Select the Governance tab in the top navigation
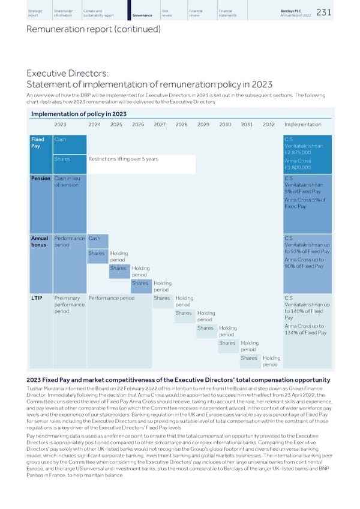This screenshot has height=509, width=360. tap(142, 15)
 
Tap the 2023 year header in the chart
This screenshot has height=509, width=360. tap(61, 125)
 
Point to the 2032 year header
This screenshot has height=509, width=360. tap(269, 125)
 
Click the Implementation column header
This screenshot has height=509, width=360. tap(303, 125)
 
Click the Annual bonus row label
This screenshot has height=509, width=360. tap(40, 242)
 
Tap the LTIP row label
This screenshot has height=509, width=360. tap(36, 298)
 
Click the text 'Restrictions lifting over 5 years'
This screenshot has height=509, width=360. tap(123, 159)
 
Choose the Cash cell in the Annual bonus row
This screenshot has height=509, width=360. tap(94, 238)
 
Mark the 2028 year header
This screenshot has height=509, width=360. tap(182, 125)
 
